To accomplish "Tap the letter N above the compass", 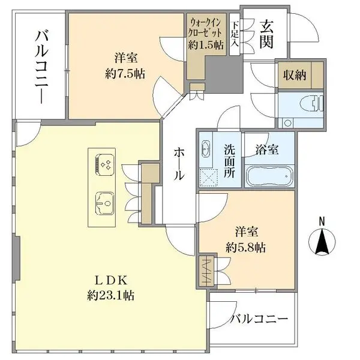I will click(322, 221).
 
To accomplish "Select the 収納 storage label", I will click(296, 75).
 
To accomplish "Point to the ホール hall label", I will click(179, 164).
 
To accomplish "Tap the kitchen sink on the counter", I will click(103, 202).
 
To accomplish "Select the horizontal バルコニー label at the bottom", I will click(260, 319).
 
